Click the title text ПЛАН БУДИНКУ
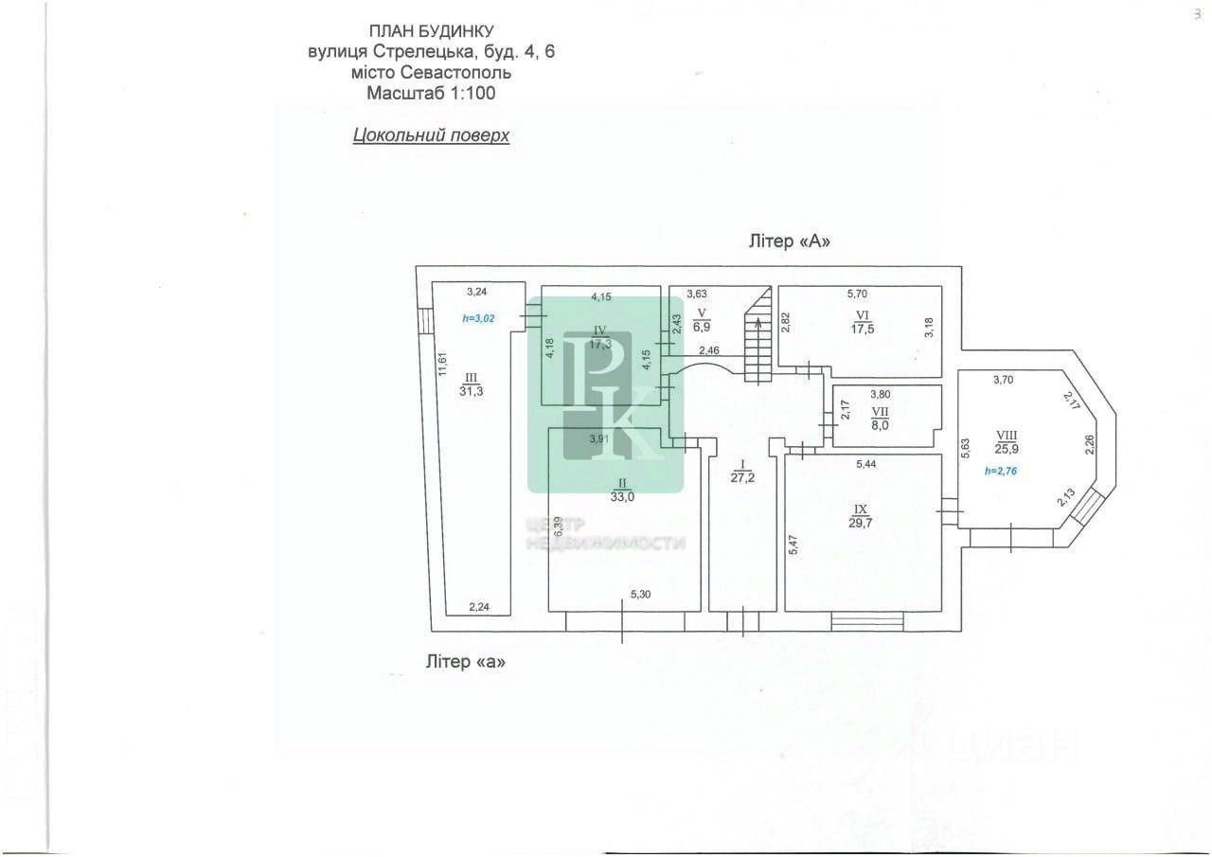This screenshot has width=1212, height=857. click(x=431, y=32)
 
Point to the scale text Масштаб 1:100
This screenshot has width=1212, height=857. click(x=431, y=94)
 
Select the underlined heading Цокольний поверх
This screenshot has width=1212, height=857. click(x=431, y=135)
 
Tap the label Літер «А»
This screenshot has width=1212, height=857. click(x=789, y=241)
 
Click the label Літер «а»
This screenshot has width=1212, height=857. click(x=466, y=662)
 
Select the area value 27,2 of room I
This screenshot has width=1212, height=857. click(x=743, y=478)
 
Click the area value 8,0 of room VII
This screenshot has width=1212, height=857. click(x=880, y=425)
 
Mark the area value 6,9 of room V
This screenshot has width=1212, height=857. click(x=702, y=326)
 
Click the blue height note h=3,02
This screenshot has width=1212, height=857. click(x=479, y=319)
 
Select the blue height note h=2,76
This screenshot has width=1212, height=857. click(x=1002, y=471)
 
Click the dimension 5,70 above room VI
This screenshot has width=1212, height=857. click(x=856, y=295)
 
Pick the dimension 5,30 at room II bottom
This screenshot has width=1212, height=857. click(x=641, y=596)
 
